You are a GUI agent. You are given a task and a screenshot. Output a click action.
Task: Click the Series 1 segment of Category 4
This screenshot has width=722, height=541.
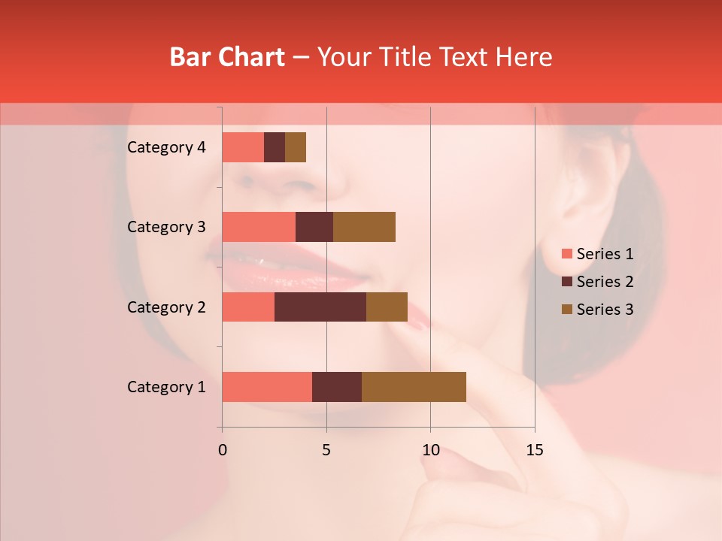[x=243, y=147]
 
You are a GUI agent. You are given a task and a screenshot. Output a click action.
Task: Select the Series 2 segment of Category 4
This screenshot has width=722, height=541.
[x=275, y=147]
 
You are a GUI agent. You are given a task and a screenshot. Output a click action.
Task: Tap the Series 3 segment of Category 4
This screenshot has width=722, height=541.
[x=296, y=147]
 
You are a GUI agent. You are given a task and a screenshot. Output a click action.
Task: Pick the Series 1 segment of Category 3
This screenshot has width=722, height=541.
[x=259, y=227]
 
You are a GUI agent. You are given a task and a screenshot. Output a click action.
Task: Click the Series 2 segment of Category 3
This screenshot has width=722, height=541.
[x=314, y=227]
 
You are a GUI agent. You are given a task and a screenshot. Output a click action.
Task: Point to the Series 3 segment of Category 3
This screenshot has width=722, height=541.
[x=364, y=227]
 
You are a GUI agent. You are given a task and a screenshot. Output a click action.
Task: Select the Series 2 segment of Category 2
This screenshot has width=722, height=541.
[x=320, y=307]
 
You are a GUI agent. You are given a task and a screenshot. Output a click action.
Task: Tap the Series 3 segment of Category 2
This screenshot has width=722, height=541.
[x=387, y=307]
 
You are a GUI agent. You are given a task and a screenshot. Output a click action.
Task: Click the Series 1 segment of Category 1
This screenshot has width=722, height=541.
[x=267, y=387]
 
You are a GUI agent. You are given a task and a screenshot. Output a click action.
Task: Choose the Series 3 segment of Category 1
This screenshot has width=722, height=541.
[x=414, y=387]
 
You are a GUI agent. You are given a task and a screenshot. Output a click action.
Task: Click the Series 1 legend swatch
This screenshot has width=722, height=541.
[x=566, y=254]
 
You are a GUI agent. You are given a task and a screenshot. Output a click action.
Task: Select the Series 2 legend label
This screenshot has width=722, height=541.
[x=605, y=282]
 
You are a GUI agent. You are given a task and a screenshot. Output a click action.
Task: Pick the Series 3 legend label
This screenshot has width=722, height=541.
[x=605, y=310]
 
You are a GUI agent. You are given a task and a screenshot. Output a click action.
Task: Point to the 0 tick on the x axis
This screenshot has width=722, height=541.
[x=223, y=450]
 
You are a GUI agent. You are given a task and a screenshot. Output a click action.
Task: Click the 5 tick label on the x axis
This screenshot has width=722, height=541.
[x=326, y=450]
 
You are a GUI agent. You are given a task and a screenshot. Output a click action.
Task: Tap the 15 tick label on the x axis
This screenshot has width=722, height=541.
[x=534, y=450]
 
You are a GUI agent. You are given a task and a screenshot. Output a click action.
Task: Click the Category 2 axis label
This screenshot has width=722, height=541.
[x=166, y=307]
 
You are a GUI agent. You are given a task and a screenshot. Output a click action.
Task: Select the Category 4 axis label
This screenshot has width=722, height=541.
[x=166, y=147]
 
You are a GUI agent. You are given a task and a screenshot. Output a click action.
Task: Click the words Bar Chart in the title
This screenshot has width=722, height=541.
[x=227, y=57]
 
